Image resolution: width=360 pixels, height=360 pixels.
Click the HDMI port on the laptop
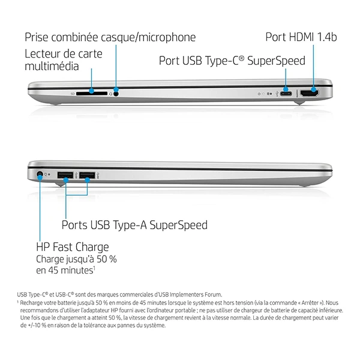[309, 94]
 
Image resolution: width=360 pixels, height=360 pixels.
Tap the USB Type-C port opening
[286, 94]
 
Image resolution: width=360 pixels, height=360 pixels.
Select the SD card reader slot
[92, 94]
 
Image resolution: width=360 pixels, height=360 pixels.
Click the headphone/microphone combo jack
[116, 94]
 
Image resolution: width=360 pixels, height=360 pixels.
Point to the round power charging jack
[40, 175]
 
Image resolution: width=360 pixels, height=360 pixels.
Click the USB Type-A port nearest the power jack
[65, 175]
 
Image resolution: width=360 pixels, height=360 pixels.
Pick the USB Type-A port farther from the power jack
[87, 175]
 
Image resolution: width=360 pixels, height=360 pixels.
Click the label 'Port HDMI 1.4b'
[301, 37]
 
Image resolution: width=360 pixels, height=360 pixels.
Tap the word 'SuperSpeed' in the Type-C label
[276, 61]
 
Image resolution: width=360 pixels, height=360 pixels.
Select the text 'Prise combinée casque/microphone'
[110, 37]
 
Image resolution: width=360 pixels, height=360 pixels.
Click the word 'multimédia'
[52, 66]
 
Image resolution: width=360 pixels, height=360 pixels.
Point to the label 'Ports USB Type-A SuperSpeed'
[134, 225]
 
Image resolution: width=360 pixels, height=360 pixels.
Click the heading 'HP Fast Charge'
[73, 247]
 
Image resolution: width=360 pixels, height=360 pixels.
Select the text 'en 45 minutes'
[65, 270]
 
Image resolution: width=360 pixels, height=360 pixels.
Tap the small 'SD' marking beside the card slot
[73, 94]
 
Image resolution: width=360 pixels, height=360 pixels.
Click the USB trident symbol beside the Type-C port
[278, 94]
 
